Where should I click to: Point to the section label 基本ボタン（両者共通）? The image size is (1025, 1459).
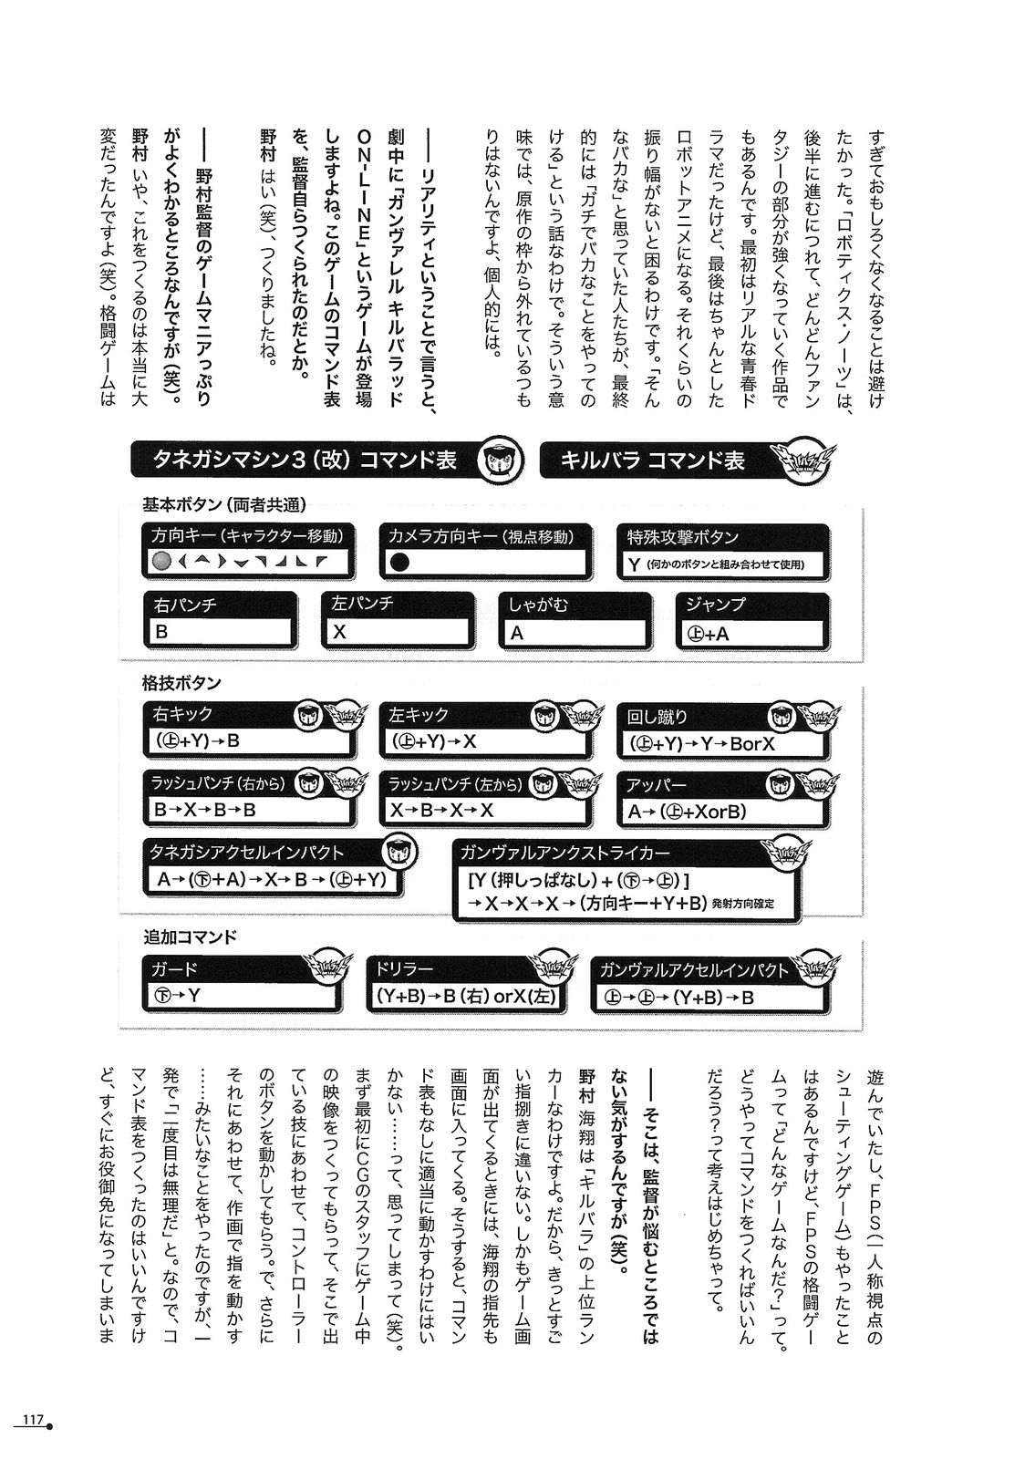click(x=223, y=504)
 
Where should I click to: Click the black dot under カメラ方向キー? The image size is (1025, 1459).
click(x=399, y=562)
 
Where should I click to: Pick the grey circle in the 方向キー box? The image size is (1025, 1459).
click(x=162, y=562)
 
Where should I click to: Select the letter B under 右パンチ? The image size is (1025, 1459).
click(x=162, y=631)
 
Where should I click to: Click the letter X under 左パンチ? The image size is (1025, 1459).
click(x=340, y=631)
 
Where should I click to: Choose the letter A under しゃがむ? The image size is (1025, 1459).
click(x=517, y=631)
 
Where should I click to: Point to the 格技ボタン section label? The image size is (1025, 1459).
click(x=181, y=683)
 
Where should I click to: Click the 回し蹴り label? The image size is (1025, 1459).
click(x=657, y=717)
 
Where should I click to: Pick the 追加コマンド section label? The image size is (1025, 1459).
click(x=190, y=936)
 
